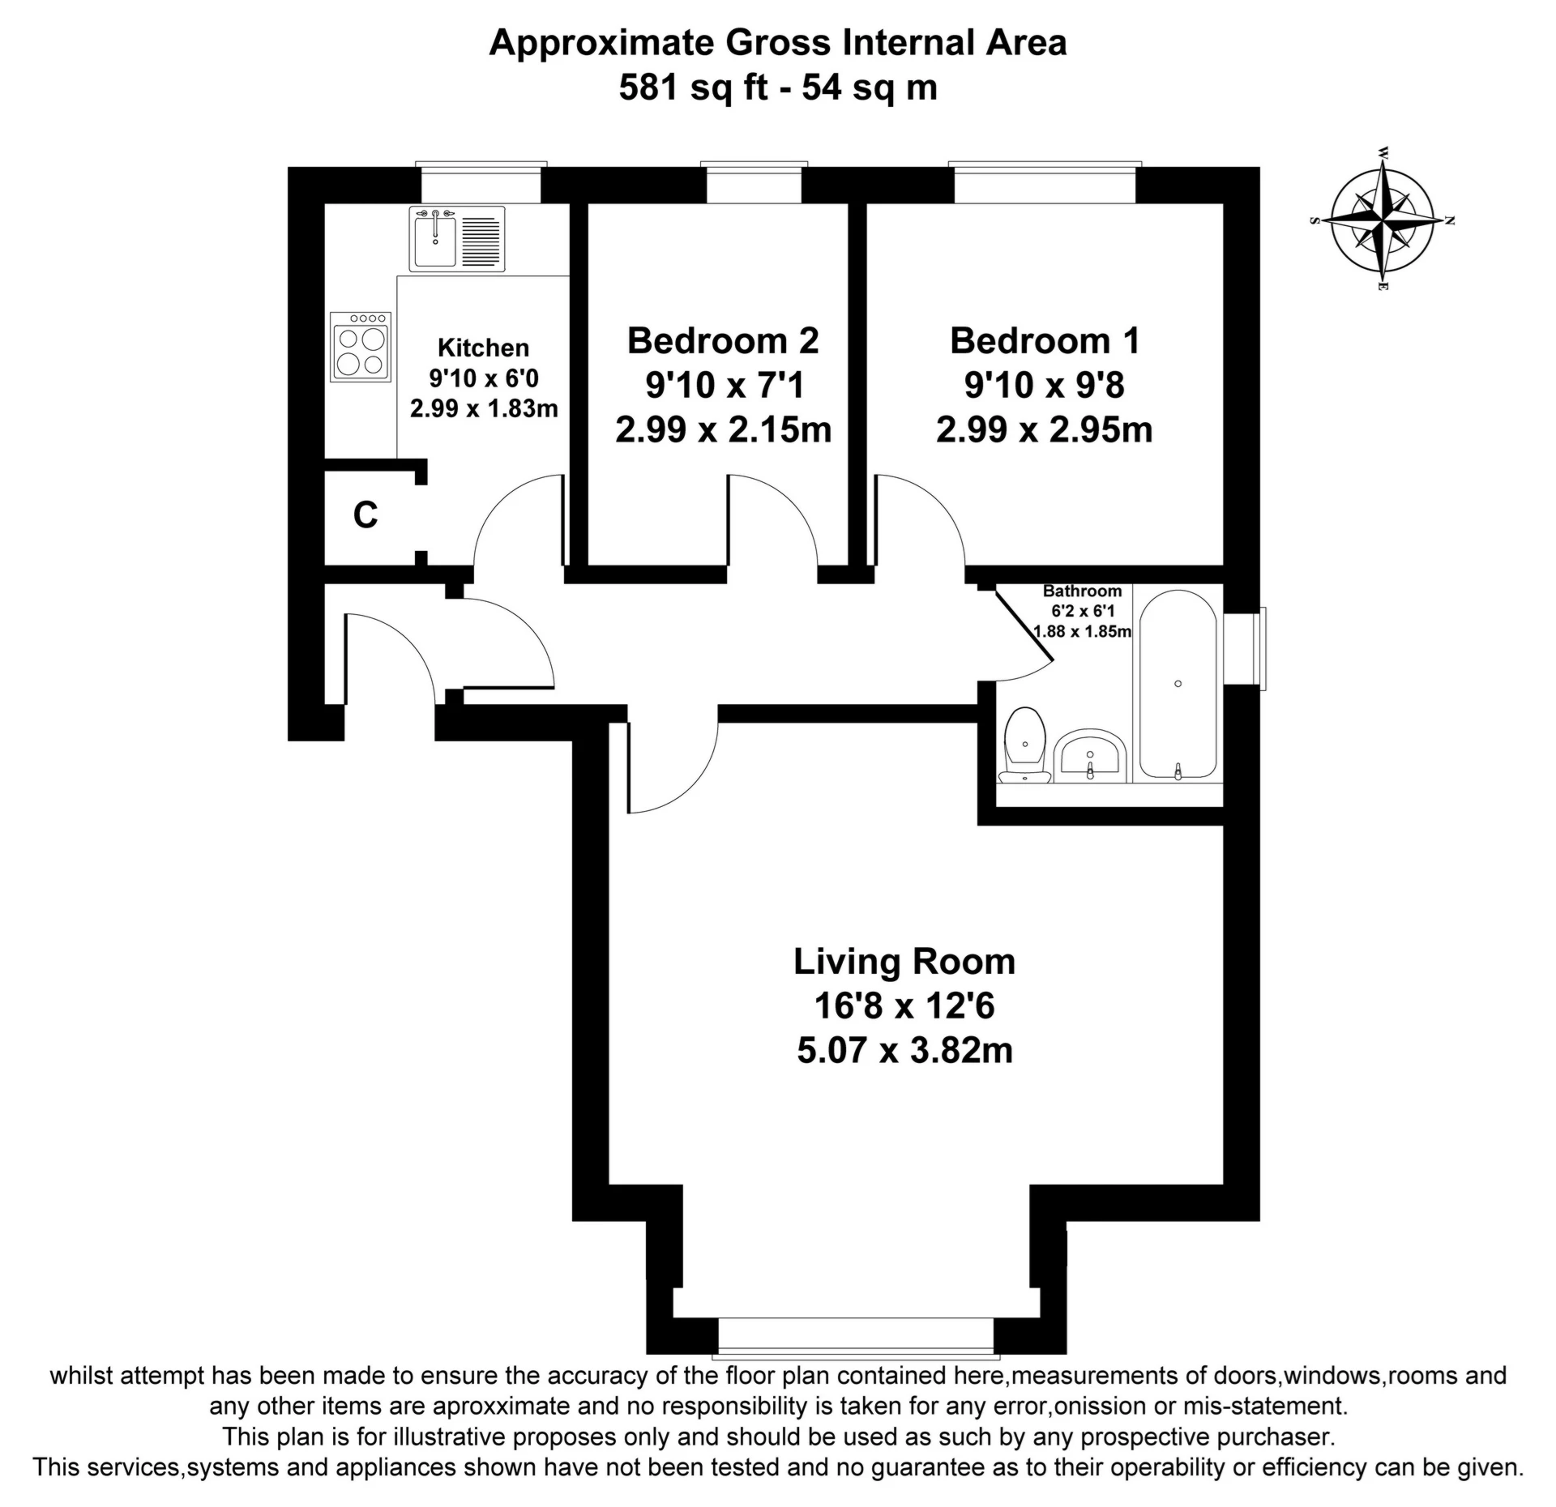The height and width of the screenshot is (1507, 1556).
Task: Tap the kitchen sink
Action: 459,237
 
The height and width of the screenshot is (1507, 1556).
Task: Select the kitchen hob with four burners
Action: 361,347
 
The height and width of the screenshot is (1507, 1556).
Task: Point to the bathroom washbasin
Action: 1090,754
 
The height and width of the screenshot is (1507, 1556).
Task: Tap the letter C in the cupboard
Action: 365,514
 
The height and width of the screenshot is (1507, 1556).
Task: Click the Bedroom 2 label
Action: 723,340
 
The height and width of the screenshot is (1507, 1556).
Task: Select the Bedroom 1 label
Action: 1045,340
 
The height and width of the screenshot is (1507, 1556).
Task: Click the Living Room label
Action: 904,962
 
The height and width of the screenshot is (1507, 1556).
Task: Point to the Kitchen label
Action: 483,348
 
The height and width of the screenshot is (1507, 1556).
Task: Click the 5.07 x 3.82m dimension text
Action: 904,1051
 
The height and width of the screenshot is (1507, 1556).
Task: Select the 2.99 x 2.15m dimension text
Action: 723,429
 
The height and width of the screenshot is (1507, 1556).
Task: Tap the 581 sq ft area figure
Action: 693,87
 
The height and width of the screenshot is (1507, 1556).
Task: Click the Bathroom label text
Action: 1082,591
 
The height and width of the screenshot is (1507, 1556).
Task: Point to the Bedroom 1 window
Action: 1045,183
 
